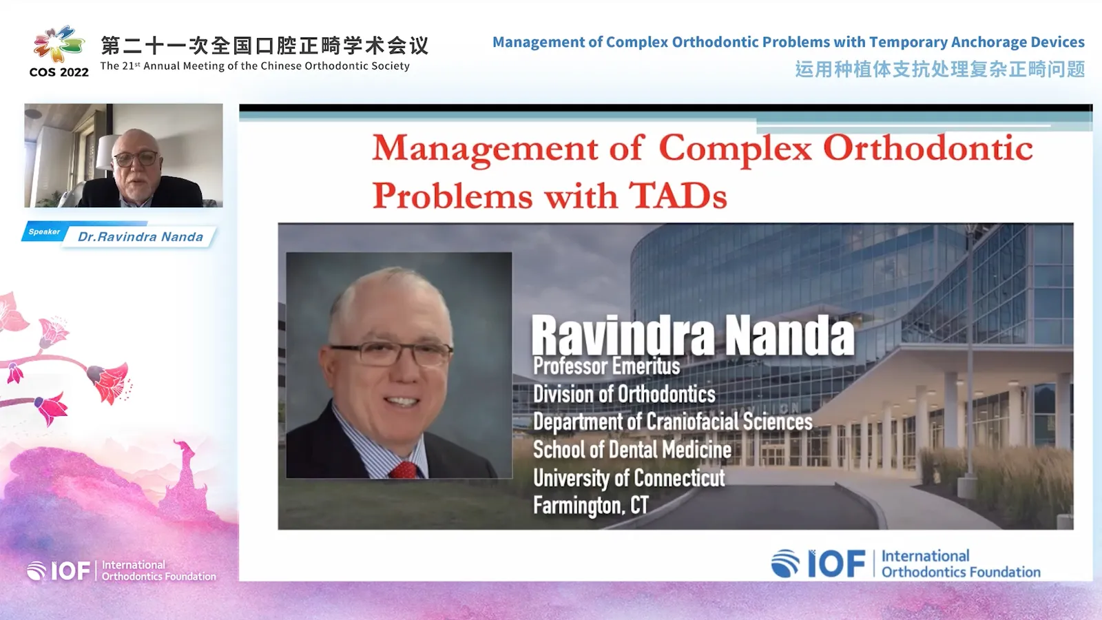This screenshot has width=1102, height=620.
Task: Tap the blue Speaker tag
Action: coord(44,232)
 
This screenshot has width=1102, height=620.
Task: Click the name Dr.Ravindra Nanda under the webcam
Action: coord(141,237)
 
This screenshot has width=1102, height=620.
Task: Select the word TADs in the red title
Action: coord(678,196)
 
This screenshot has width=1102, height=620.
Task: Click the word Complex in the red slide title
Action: coord(735,149)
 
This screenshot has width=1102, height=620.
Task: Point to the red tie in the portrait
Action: coord(404,471)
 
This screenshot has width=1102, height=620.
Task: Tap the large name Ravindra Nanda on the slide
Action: coord(692,335)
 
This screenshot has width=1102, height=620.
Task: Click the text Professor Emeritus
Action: coord(606,366)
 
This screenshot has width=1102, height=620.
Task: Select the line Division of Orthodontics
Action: coord(624,394)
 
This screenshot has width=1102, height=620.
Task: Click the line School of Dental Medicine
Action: coord(632,450)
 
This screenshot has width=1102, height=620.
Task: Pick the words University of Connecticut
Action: coord(628,477)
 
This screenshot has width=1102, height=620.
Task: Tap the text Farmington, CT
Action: coord(590,505)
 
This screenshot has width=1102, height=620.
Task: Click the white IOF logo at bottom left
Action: coord(60,570)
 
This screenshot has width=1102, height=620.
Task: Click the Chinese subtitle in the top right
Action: coord(939,70)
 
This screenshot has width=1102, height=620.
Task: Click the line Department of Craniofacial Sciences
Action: coord(672,422)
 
